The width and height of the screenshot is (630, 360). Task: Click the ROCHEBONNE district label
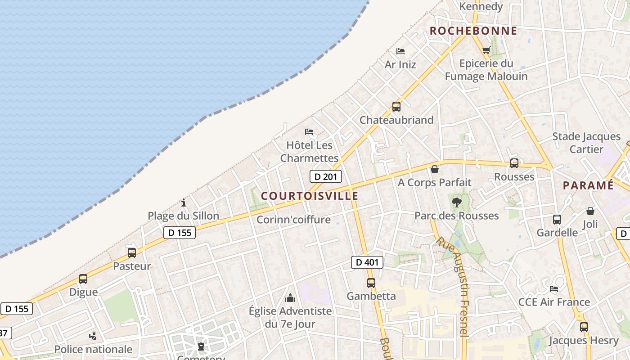(473, 31)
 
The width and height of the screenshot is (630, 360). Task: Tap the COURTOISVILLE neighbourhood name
(310, 196)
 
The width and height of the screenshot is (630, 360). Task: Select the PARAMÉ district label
(588, 185)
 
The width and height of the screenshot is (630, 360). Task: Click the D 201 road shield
(325, 176)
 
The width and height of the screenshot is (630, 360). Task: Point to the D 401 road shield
(367, 262)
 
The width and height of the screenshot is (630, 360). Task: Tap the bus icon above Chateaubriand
(396, 107)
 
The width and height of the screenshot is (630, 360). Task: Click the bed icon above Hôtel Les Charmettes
(309, 132)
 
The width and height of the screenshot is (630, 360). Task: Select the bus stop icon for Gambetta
(371, 283)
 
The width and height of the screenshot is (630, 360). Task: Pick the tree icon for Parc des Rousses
(456, 202)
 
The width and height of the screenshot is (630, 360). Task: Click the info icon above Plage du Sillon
(184, 202)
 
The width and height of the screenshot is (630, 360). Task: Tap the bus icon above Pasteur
(131, 253)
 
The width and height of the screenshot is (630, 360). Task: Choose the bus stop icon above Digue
(83, 279)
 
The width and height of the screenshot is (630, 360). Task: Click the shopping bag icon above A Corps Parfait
(434, 169)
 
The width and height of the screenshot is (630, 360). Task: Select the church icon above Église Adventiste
(290, 298)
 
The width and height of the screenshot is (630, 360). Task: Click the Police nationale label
(93, 349)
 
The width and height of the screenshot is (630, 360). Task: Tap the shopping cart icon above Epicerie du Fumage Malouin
(486, 50)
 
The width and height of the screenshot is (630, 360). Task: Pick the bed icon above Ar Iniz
(400, 51)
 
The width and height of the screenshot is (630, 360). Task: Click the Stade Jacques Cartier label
(586, 143)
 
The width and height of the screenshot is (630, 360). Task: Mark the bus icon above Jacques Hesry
(584, 327)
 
